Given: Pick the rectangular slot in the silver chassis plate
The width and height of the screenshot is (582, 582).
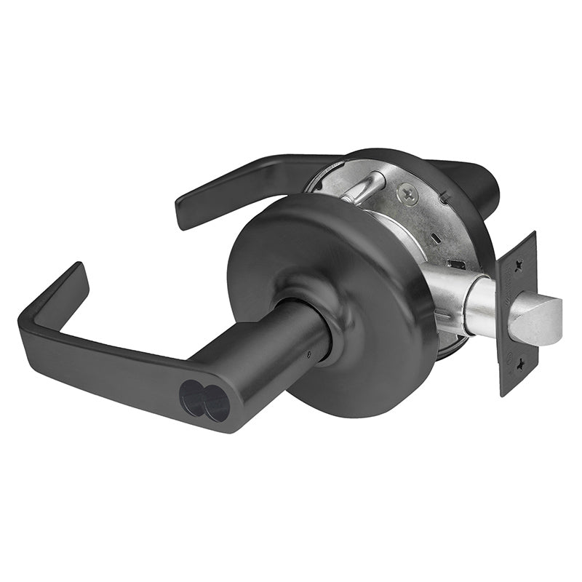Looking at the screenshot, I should point(456,264).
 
